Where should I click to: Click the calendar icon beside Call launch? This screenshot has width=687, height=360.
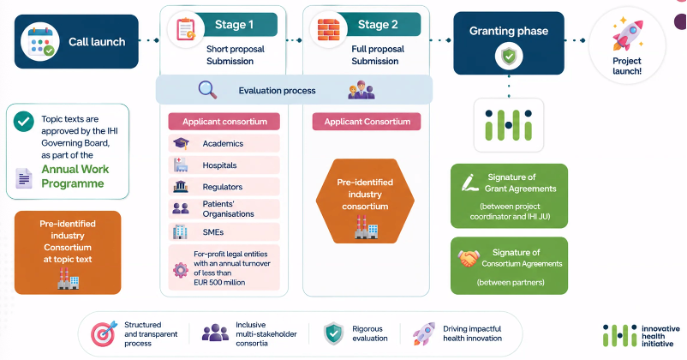tap(40, 42)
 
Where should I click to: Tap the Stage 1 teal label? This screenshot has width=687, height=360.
tap(235, 25)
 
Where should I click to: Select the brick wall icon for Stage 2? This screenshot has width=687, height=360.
tap(329, 29)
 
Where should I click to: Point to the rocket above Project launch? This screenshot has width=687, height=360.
tap(627, 35)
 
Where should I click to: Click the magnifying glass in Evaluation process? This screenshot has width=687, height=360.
tap(207, 89)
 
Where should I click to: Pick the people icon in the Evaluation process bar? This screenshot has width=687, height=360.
tap(361, 89)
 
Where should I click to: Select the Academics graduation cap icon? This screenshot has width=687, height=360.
tap(181, 143)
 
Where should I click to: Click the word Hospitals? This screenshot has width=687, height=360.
tap(219, 165)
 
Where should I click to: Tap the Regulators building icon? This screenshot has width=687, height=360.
tap(181, 187)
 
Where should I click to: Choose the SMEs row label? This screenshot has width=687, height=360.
tap(213, 232)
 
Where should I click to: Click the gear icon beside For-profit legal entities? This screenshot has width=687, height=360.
tap(181, 270)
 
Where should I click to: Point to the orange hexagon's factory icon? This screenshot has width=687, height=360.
tap(367, 226)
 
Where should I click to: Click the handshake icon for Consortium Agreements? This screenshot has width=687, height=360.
tap(469, 259)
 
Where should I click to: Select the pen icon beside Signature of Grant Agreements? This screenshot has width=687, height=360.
tap(469, 183)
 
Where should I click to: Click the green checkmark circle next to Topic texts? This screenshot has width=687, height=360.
tap(24, 122)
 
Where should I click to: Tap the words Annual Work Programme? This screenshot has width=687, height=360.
tap(75, 177)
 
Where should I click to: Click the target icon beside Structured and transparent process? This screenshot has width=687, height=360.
tap(104, 333)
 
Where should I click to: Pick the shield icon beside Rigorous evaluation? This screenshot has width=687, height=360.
tap(333, 333)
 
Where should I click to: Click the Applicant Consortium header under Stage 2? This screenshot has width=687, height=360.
tap(367, 122)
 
